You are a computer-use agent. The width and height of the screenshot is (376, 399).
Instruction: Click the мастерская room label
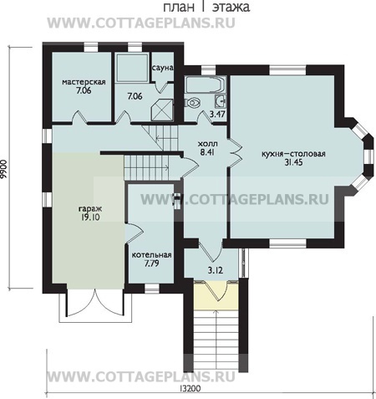84,82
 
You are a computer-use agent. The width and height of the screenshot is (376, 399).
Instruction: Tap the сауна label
163,68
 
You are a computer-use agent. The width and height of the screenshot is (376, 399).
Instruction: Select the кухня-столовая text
293,154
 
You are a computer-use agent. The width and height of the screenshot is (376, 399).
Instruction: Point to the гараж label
90,209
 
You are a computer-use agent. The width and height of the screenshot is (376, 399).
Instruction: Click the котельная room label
151,255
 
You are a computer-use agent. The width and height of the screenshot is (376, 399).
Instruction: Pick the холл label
207,144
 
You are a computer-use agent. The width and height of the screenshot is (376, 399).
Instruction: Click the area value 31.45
293,162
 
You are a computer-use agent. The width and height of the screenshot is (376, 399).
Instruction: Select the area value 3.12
216,270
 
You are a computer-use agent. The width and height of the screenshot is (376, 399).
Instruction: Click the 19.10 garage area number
90,217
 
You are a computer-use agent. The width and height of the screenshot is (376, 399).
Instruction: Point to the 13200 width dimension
191,388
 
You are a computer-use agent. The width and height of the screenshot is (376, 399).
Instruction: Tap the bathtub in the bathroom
206,84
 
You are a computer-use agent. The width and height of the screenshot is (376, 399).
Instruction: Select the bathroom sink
221,100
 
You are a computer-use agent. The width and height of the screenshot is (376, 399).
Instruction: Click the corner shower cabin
162,110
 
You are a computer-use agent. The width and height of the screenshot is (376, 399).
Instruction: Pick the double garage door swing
94,304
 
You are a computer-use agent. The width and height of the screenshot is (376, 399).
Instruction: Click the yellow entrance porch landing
216,295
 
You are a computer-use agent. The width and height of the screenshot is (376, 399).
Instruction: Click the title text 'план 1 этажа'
206,7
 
